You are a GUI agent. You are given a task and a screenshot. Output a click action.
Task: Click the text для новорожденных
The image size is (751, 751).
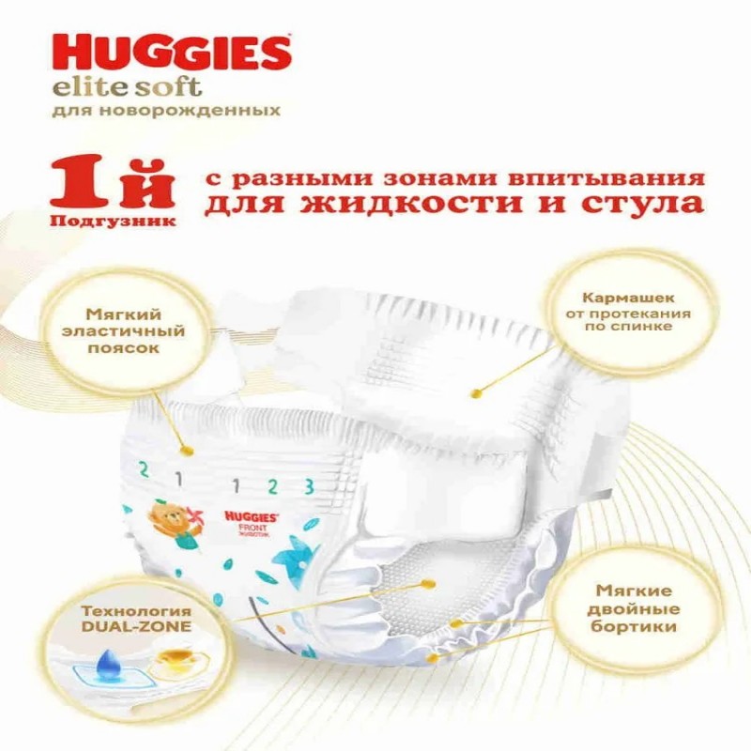(166, 112)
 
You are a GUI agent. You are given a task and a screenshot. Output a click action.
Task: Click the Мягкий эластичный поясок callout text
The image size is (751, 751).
(124, 331)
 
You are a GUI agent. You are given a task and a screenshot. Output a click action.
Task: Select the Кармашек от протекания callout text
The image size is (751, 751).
(628, 312)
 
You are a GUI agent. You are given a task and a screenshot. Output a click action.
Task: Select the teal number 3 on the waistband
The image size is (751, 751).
(310, 486)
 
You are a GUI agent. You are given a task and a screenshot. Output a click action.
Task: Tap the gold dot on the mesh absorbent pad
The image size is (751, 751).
(428, 583)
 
